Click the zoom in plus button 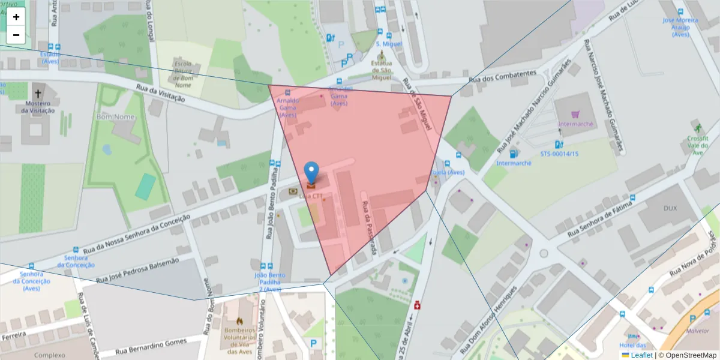click(16, 17)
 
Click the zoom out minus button click(16, 35)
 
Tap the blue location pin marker click(311, 173)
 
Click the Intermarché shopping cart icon click(575, 113)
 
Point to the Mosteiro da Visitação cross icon click(38, 94)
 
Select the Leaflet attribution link click(641, 355)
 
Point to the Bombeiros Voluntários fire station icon click(240, 321)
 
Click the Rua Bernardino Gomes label click(151, 346)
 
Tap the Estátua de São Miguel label click(381, 70)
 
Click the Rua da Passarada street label click(368, 229)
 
